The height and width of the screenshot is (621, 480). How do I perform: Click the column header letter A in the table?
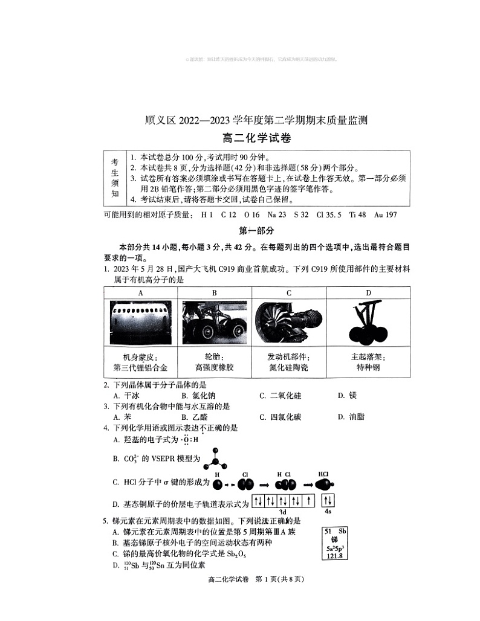click(x=140, y=292)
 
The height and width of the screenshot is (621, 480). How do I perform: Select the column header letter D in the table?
click(x=368, y=292)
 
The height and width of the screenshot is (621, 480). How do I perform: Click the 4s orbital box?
click(x=328, y=501)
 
